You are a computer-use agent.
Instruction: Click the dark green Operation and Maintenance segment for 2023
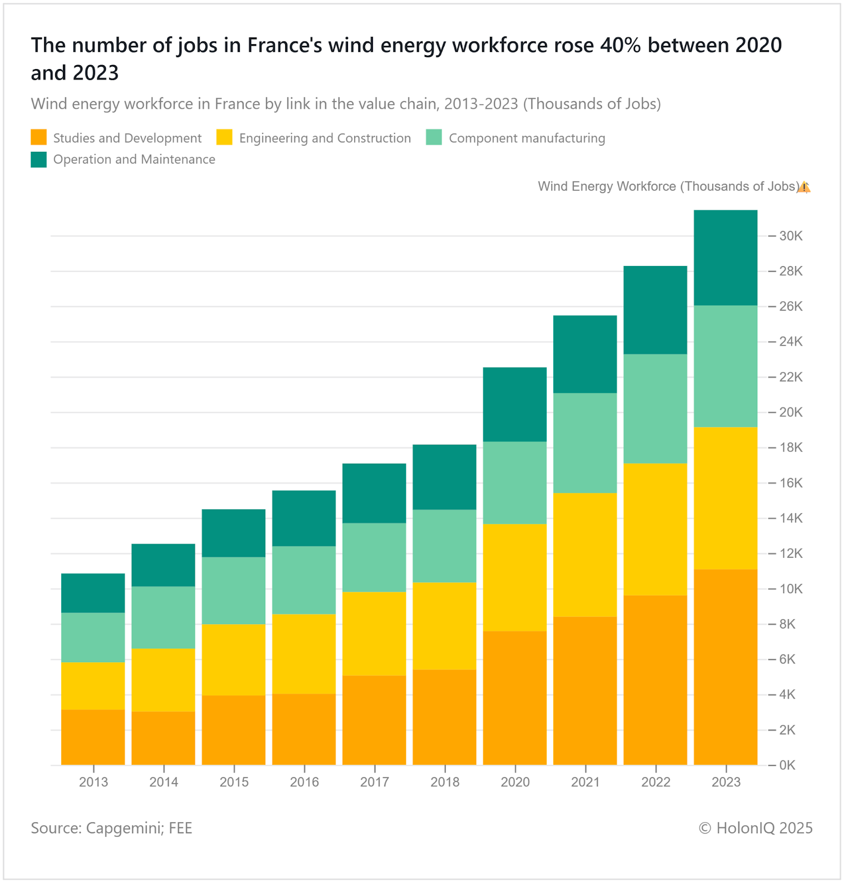725,258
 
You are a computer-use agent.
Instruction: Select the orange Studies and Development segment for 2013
93,737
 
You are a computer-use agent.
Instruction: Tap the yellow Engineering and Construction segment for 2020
515,577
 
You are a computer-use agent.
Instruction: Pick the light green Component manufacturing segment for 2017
374,557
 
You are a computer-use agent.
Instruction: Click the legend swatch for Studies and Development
39,138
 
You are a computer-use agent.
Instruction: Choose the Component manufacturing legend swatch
434,138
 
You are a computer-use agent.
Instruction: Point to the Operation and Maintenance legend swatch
39,159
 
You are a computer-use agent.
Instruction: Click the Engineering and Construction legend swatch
225,138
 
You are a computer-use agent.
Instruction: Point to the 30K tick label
790,236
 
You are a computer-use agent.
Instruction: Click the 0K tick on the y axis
787,765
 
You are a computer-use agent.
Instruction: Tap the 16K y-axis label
790,483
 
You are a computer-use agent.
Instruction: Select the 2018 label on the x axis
445,782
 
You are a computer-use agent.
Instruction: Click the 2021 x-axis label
585,782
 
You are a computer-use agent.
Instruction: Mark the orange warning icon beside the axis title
804,187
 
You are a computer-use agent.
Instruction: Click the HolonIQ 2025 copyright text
756,828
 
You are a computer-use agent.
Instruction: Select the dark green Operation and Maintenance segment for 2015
233,533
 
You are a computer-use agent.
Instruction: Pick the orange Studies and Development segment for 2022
655,680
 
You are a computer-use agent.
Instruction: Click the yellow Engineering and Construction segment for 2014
163,680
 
